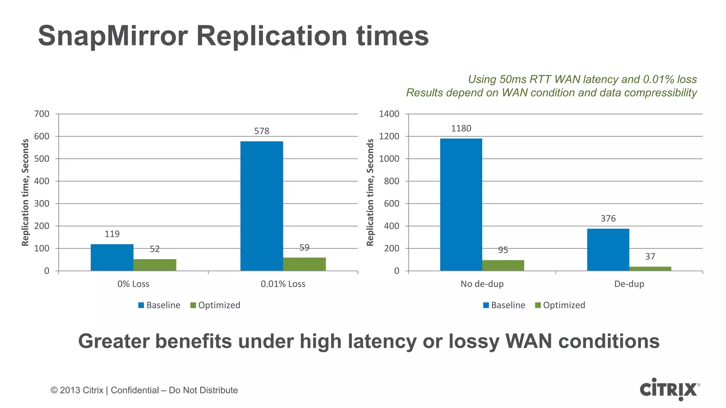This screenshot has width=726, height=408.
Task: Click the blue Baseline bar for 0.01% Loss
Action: point(262,206)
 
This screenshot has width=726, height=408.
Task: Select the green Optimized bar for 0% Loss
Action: point(155,265)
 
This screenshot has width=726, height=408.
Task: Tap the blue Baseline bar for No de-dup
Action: point(461,205)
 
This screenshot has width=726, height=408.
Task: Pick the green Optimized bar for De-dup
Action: point(650,268)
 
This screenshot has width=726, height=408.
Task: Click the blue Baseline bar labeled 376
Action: point(608,250)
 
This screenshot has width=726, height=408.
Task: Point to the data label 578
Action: point(262,131)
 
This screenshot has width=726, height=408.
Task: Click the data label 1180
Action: point(461,128)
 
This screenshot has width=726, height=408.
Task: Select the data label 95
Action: point(503,250)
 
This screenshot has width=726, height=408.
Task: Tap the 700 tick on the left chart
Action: point(41,114)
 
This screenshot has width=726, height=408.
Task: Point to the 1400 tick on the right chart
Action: point(389,114)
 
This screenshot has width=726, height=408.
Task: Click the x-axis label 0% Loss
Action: point(133,284)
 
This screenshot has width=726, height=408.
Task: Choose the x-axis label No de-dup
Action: point(482,284)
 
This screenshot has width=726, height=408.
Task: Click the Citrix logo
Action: point(669,389)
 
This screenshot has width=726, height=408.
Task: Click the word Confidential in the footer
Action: point(135,390)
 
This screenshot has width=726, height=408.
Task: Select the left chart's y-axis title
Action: point(25,192)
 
